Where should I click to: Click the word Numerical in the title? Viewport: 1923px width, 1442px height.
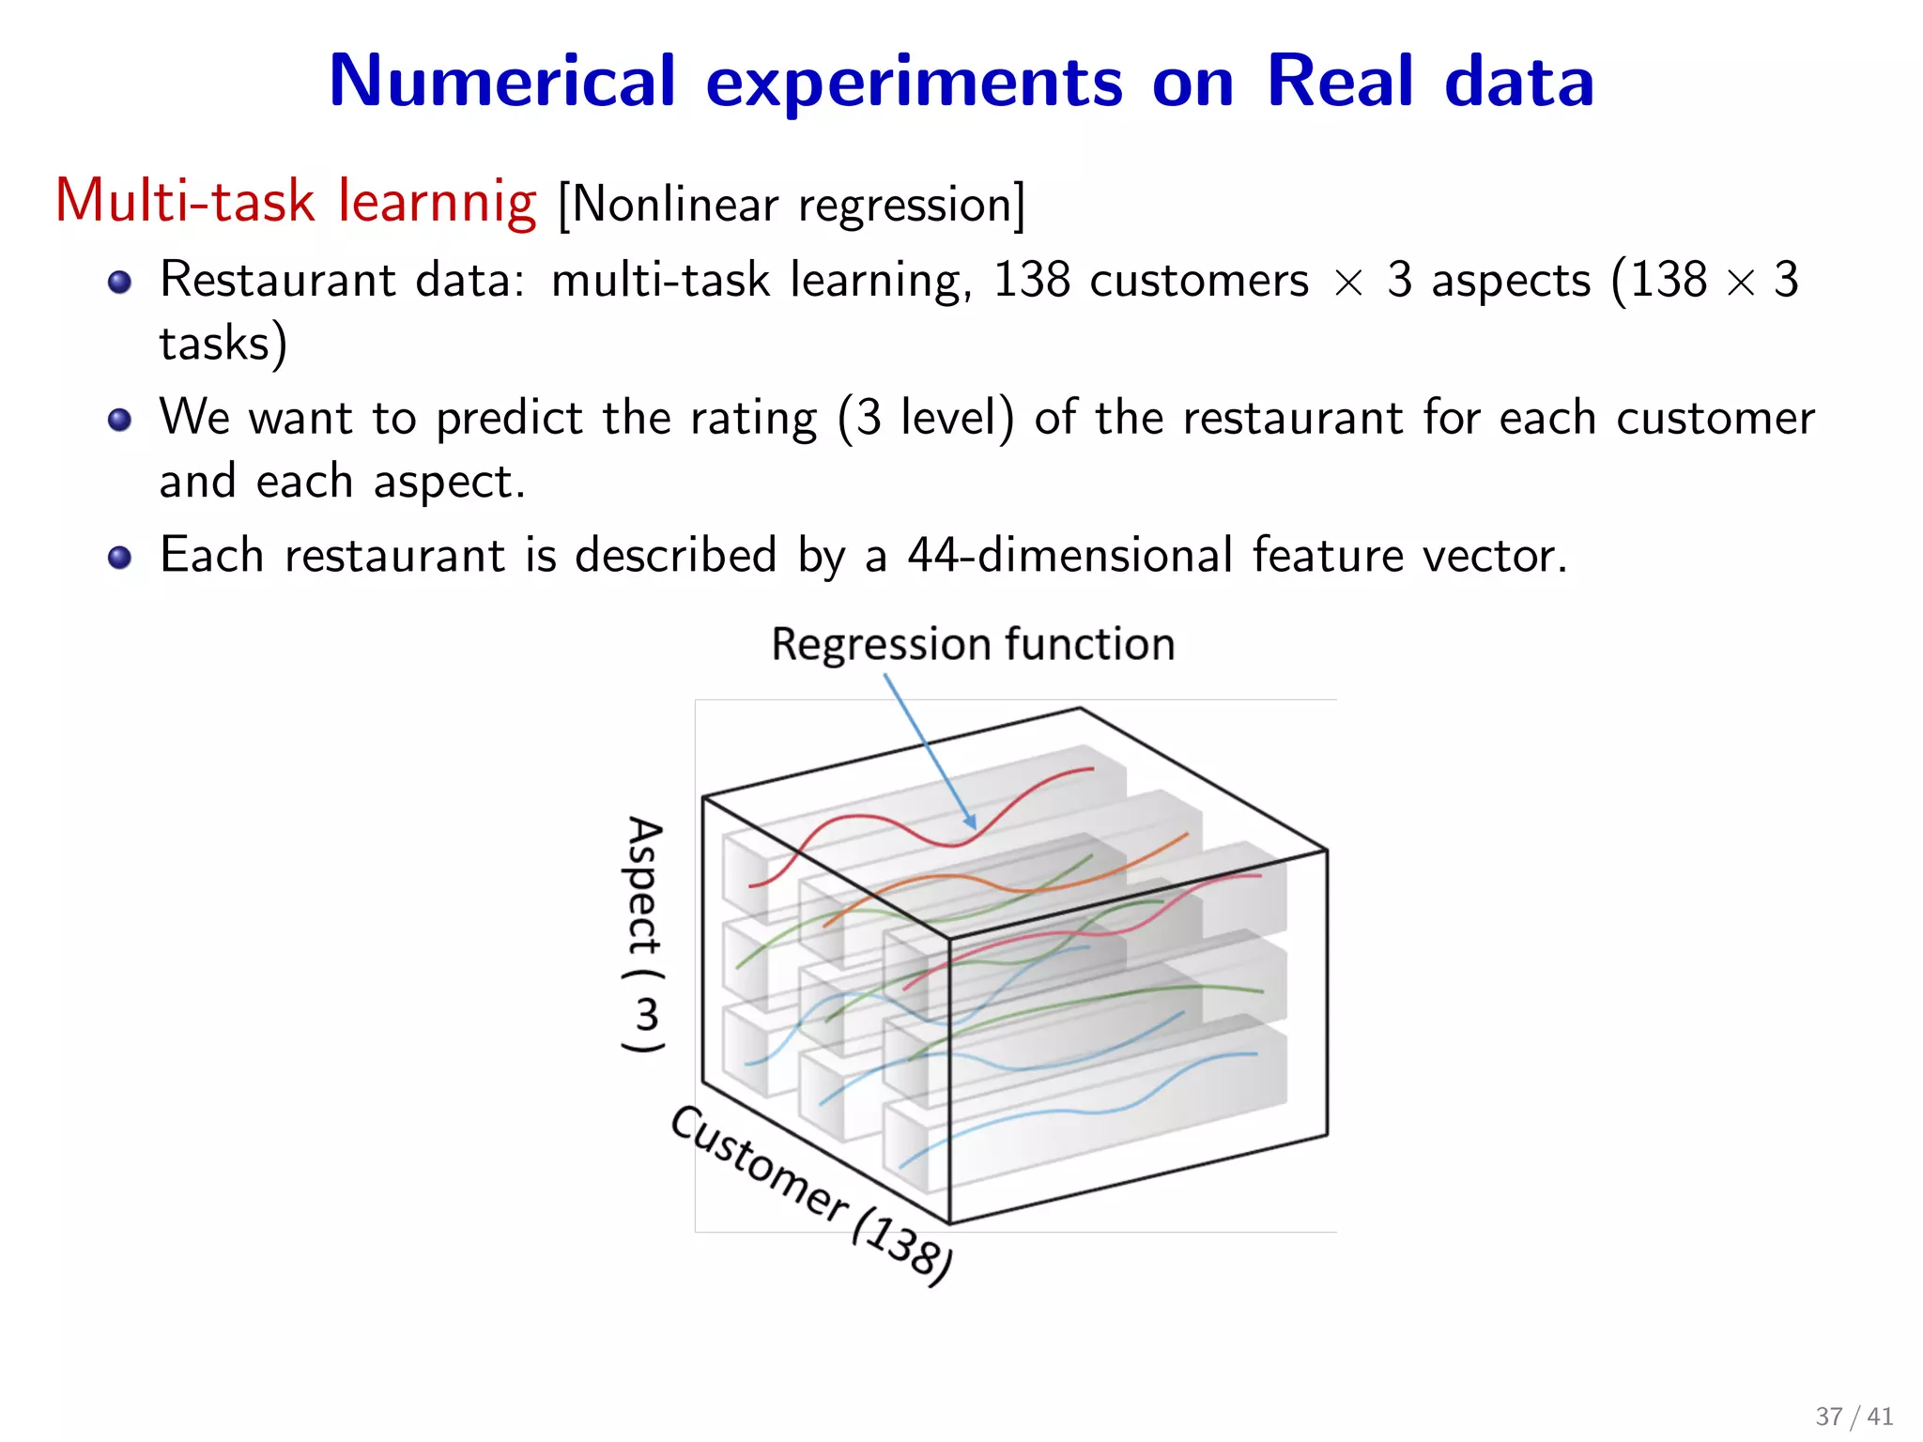(x=501, y=82)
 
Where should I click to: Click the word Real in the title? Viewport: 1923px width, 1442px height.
(x=1339, y=82)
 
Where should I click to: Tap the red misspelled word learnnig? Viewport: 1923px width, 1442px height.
(x=437, y=202)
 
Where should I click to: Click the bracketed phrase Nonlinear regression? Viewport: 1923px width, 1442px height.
(x=792, y=205)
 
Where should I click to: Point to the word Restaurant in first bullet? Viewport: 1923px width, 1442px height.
(x=278, y=280)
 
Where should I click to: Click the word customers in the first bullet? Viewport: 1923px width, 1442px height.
(x=1198, y=280)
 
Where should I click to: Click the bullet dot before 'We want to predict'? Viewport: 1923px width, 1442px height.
(x=119, y=420)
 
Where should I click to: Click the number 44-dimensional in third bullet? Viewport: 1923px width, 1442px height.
(x=1069, y=555)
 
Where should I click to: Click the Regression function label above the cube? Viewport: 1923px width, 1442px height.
(x=973, y=644)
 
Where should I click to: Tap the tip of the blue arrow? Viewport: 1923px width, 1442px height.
(x=974, y=826)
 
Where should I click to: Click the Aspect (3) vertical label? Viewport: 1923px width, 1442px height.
(x=644, y=935)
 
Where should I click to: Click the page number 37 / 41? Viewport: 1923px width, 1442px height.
(x=1854, y=1416)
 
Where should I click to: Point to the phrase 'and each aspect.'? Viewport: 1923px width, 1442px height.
(x=342, y=482)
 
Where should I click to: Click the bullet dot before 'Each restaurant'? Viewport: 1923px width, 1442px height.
(x=119, y=558)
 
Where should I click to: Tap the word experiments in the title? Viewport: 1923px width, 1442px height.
(x=914, y=82)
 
